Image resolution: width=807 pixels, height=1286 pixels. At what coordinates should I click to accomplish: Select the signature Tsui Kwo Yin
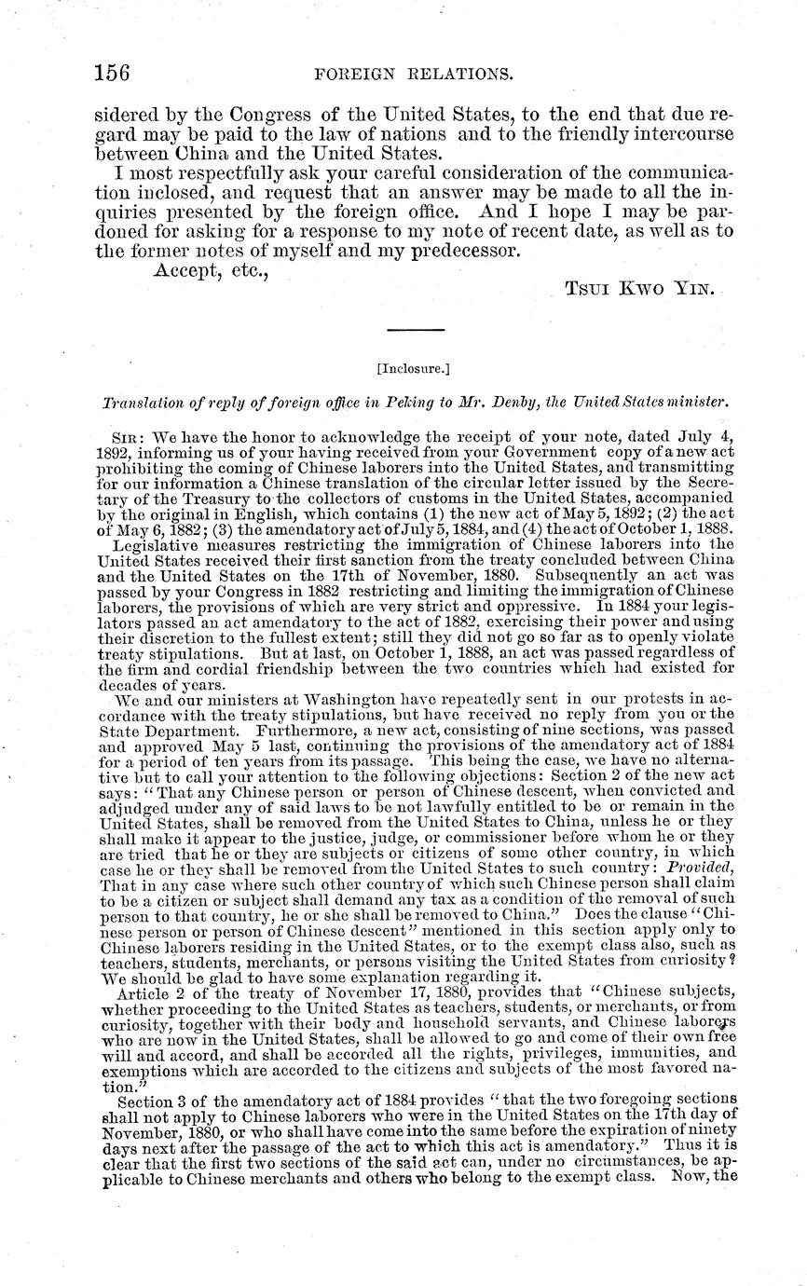(640, 289)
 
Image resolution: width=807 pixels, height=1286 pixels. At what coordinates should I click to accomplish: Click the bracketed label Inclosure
(403, 368)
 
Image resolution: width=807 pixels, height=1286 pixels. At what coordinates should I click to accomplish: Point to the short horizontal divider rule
(403, 328)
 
